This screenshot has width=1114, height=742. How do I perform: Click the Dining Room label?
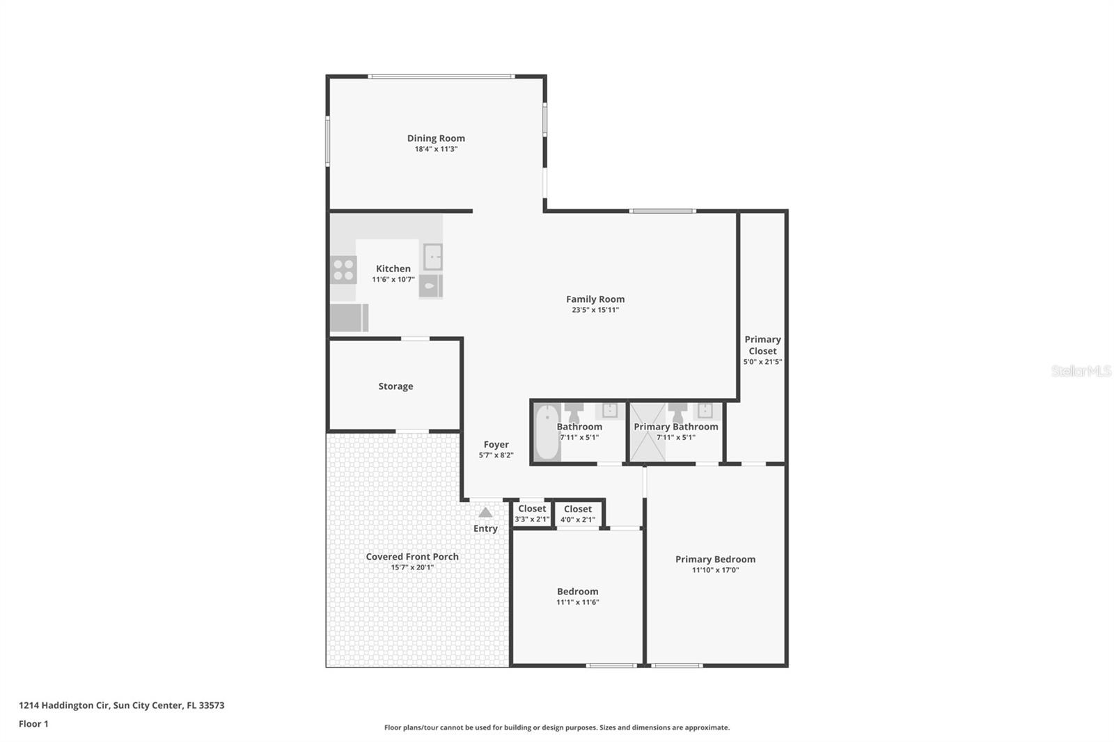point(436,139)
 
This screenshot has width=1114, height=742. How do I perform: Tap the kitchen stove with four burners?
point(343,269)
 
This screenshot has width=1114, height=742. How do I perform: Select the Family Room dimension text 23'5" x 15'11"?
point(595,310)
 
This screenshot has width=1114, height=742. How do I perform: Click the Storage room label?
point(395,386)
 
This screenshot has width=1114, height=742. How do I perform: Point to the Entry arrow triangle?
point(485,512)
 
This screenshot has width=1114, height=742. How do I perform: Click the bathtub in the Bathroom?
point(547,432)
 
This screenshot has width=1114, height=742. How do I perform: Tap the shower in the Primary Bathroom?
point(648,432)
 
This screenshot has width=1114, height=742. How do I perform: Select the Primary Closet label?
point(762,345)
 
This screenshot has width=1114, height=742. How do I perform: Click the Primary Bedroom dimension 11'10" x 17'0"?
point(715,570)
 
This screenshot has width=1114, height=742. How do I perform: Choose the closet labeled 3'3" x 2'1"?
point(532,514)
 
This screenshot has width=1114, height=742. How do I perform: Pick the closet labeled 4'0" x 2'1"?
point(578,514)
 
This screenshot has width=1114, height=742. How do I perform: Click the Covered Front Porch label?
point(412,557)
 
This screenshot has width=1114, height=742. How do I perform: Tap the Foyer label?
point(496,445)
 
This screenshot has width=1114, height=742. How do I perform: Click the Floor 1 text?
point(34,724)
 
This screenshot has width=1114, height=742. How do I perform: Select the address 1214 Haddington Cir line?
point(121,705)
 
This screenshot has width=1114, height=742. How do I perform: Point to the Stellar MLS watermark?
point(1081,370)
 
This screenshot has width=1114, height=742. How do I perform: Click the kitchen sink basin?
point(432,257)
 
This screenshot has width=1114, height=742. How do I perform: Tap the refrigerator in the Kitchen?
point(349,318)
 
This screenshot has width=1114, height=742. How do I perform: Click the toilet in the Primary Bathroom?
point(677,412)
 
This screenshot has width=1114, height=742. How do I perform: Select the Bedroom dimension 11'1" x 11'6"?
point(577,602)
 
